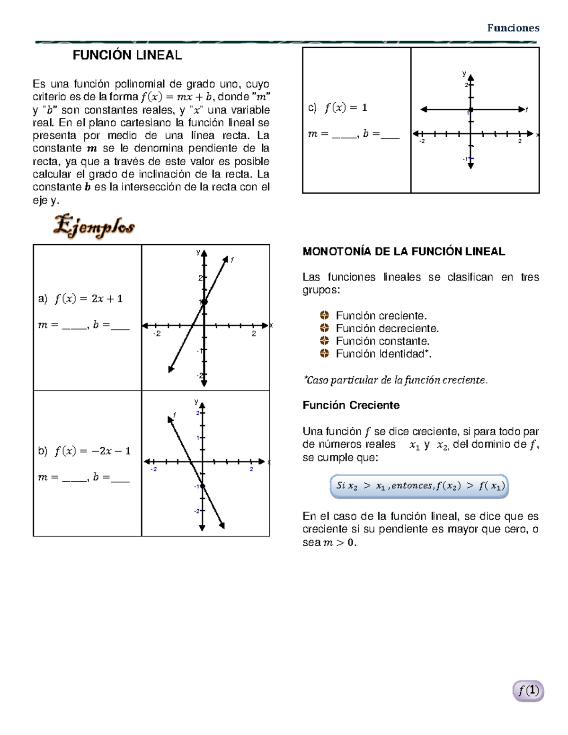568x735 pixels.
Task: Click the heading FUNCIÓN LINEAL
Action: [x=127, y=55]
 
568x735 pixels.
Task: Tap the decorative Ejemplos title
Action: [x=94, y=226]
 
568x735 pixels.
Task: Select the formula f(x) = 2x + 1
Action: [x=89, y=299]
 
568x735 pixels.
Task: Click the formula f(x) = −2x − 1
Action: [x=92, y=451]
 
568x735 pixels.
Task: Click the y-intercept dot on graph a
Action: [x=204, y=301]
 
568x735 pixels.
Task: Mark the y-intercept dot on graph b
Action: [x=203, y=486]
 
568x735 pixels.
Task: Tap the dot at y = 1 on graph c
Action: [x=470, y=110]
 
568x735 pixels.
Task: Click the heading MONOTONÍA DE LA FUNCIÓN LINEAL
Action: [x=404, y=252]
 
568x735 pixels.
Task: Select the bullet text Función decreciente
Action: [x=387, y=328]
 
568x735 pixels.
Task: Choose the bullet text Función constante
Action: [x=382, y=341]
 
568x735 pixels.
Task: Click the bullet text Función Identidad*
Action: [x=383, y=354]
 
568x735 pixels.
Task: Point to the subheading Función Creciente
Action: [x=351, y=405]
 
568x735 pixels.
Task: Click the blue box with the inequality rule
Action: [x=419, y=486]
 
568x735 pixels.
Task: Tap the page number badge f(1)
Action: [x=528, y=691]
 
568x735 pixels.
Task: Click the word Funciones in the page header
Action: [x=513, y=28]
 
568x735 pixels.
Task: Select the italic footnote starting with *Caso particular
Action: [x=395, y=380]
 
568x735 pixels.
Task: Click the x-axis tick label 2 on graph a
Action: [x=254, y=334]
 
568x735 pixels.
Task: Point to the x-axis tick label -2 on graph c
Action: [x=422, y=142]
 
